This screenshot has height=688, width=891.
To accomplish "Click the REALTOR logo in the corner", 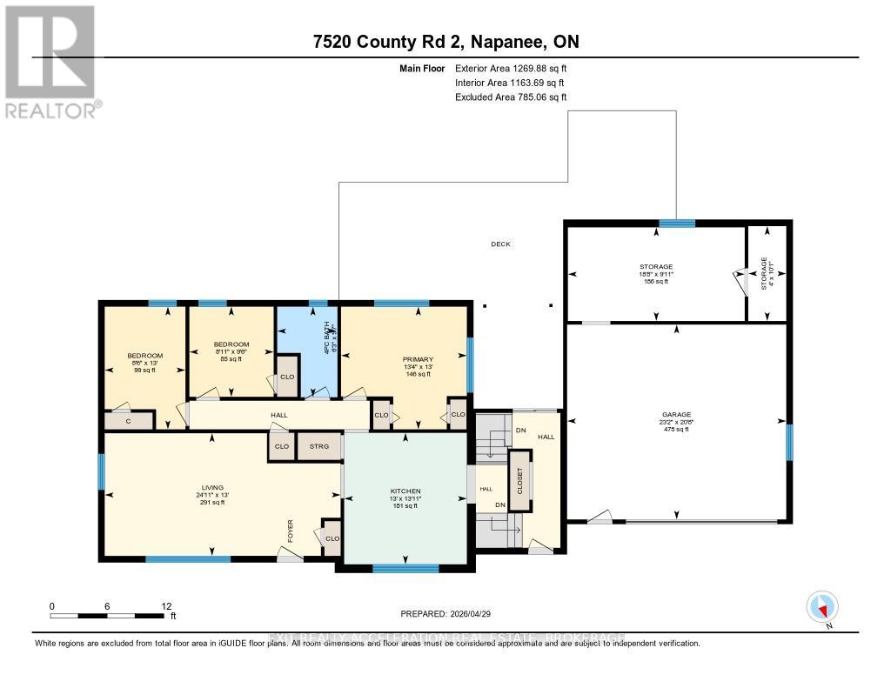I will pos(50,61).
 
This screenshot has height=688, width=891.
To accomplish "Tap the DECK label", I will pos(500,244).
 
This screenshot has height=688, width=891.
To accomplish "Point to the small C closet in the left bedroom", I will pos(128,421).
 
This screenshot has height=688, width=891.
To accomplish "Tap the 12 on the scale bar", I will pos(166,605).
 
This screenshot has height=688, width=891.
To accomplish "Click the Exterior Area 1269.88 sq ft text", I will pos(512,68).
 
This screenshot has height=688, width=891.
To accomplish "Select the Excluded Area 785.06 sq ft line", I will pos(511,97).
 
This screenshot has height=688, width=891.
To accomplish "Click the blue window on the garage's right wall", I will pos(789,442).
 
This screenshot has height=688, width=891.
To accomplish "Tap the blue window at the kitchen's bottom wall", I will pos(405,568).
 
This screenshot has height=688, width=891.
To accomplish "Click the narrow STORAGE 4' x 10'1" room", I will pos(767,273).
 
